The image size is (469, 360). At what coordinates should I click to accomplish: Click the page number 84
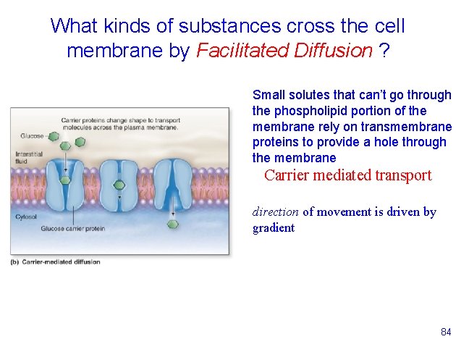point(446,332)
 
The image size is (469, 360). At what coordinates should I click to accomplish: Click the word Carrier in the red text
point(287,175)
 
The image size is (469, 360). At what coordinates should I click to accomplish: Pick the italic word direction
point(275,212)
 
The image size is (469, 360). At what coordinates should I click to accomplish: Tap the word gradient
point(274,228)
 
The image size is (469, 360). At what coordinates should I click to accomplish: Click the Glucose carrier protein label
point(73,229)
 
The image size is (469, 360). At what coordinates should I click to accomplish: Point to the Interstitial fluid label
point(29,157)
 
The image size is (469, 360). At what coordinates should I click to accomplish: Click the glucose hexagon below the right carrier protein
point(172,225)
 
